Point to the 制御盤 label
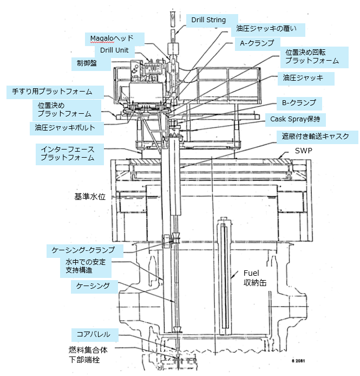point(87,63)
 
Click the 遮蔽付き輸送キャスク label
point(309,135)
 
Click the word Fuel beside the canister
point(253,273)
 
